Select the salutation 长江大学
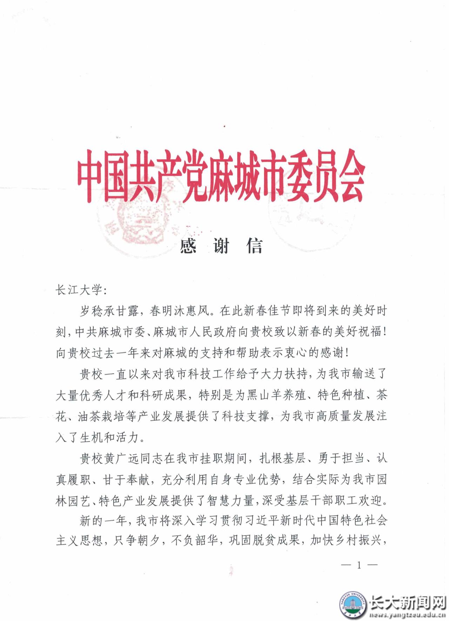pos(78,290)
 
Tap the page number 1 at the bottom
pos(359,565)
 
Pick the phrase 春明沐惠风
pos(179,311)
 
